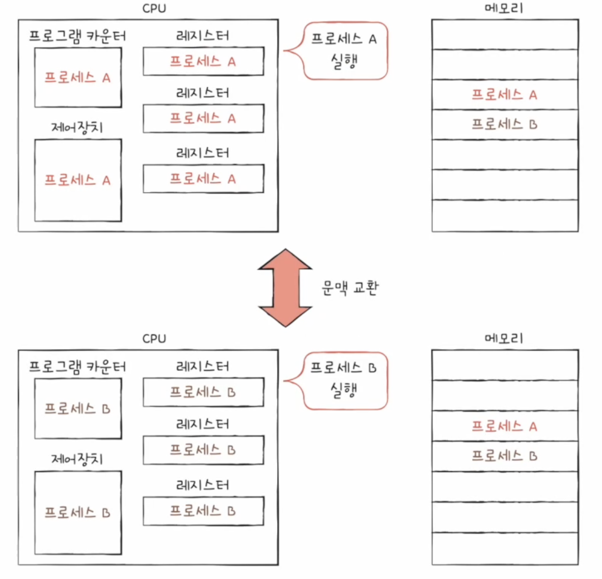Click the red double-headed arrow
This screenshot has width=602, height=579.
(285, 288)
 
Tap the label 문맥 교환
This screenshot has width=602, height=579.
(350, 287)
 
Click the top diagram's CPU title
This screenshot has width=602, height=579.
(154, 9)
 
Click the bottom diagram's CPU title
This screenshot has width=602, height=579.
(154, 338)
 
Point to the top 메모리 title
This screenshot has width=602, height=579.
(504, 8)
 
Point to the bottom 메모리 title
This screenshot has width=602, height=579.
(504, 338)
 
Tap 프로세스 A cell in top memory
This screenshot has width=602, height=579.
(505, 95)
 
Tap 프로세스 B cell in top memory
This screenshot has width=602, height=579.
(505, 124)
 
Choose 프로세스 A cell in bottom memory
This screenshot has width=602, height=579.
(505, 426)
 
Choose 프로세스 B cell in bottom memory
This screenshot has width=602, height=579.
(505, 456)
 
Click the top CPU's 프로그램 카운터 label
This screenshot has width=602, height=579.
(77, 36)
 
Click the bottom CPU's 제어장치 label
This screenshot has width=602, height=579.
(77, 459)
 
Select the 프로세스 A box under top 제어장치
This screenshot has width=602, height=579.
(78, 180)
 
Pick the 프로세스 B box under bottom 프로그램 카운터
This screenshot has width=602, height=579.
(78, 408)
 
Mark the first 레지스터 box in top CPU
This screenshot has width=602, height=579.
(204, 61)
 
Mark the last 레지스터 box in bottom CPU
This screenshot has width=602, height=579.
(204, 511)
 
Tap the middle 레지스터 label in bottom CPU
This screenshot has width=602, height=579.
(202, 424)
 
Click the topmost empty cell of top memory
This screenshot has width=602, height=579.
(505, 35)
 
